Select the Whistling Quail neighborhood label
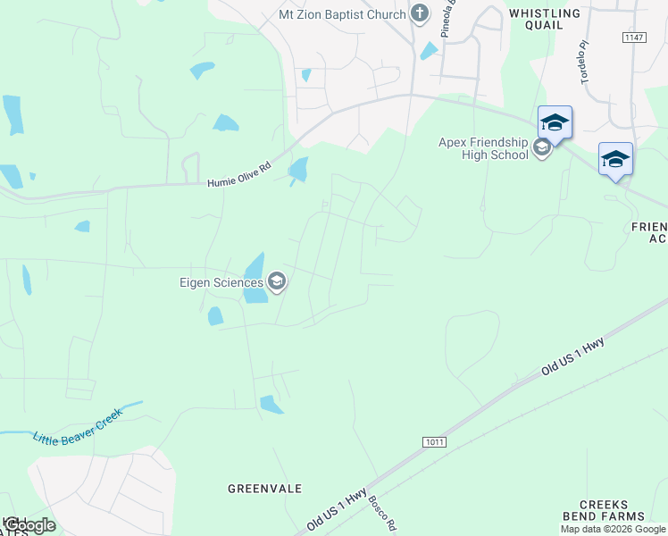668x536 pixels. tap(544, 19)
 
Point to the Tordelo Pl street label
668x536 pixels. tap(586, 62)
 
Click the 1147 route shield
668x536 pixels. tap(633, 38)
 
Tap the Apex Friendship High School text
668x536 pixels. tap(482, 148)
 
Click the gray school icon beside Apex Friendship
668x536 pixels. tap(542, 148)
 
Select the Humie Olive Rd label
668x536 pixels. tap(238, 181)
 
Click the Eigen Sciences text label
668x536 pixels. tap(220, 283)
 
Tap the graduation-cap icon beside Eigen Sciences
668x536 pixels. tap(277, 283)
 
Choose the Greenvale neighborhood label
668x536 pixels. tap(264, 489)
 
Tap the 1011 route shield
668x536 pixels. tap(434, 442)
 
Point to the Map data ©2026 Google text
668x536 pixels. tap(613, 529)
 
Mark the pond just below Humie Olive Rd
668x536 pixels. tap(297, 169)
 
